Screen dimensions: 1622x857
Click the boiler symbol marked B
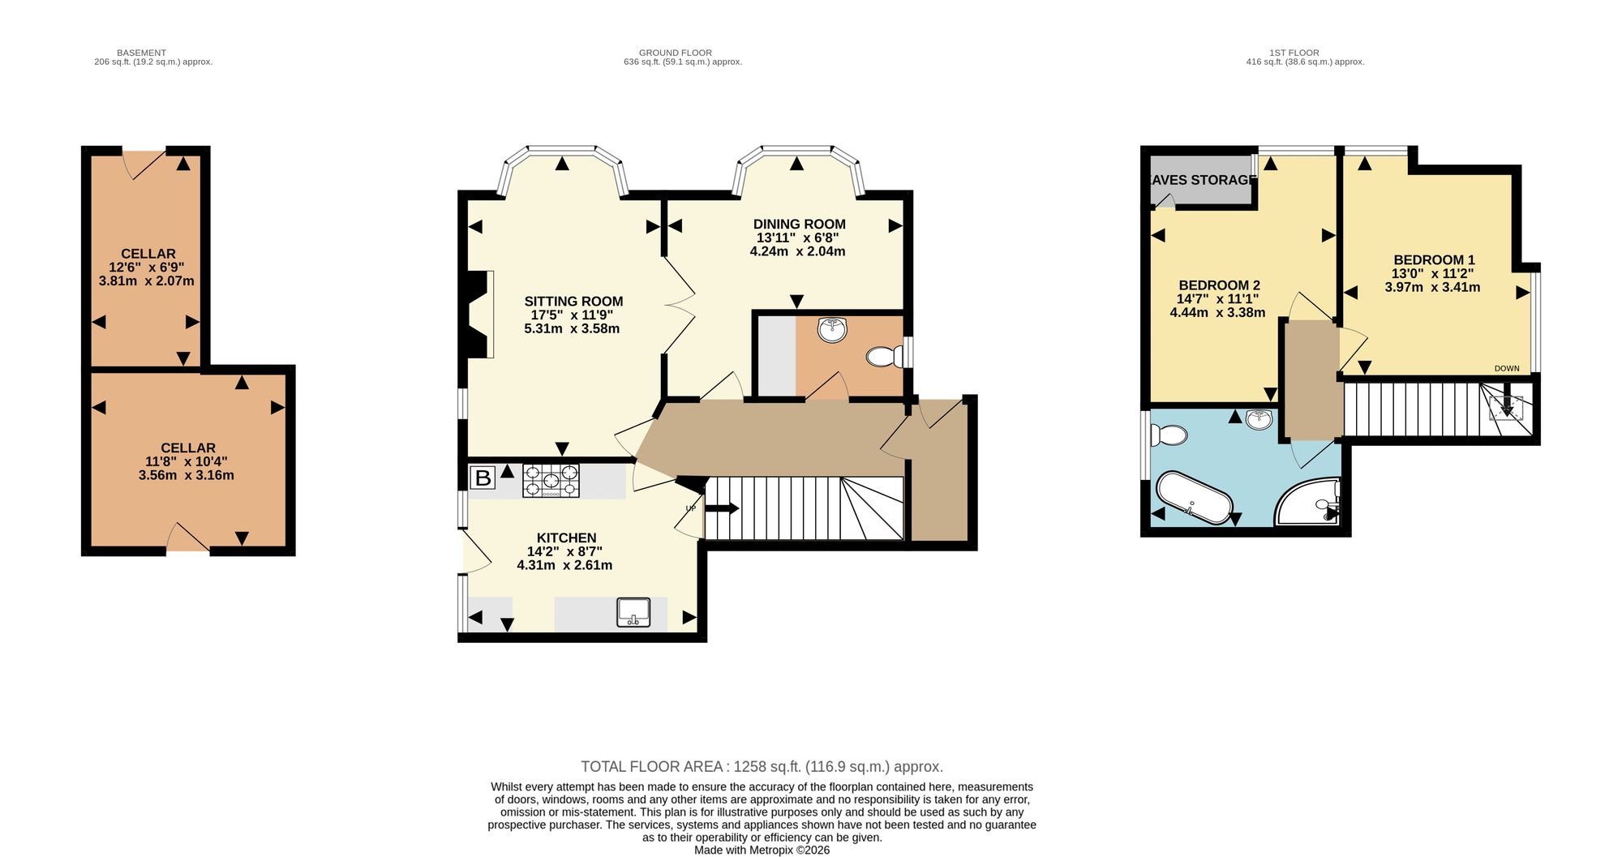click(x=483, y=478)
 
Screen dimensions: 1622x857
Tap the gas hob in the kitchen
click(x=551, y=480)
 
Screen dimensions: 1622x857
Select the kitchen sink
click(x=633, y=612)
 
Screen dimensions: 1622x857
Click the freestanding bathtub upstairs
click(x=1194, y=498)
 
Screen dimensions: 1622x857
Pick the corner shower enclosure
click(x=1307, y=501)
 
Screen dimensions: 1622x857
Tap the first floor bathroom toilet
click(x=1169, y=435)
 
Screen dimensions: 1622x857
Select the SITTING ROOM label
click(x=573, y=302)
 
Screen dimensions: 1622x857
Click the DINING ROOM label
click(x=799, y=225)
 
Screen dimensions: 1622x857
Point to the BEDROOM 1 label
click(x=1434, y=260)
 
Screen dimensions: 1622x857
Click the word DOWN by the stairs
click(x=1507, y=369)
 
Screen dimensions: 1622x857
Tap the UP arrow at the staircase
click(x=721, y=508)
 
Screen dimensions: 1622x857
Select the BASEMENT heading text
click(x=141, y=53)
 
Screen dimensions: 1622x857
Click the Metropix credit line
click(x=762, y=851)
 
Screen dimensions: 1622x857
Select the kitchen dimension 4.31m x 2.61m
click(x=564, y=565)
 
